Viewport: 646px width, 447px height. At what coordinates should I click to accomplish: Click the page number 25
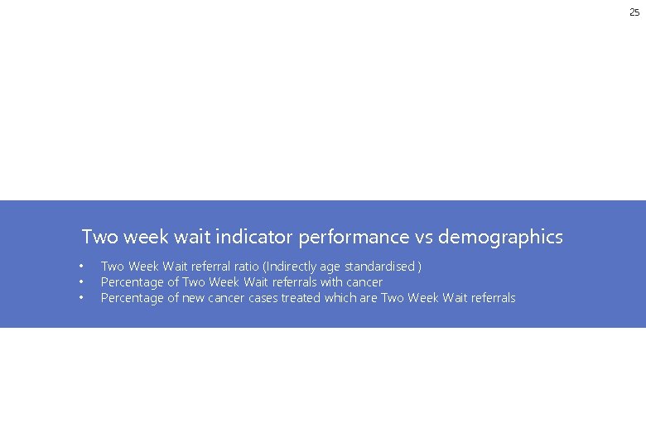click(x=634, y=12)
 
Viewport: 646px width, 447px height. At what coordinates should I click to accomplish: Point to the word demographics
click(x=500, y=238)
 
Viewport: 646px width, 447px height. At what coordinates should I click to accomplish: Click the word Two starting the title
click(x=99, y=238)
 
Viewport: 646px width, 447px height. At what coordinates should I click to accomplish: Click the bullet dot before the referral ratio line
click(x=81, y=267)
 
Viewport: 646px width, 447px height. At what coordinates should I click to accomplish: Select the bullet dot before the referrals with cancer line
click(x=81, y=282)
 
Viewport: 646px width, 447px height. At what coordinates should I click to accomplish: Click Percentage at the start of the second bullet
click(x=133, y=282)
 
